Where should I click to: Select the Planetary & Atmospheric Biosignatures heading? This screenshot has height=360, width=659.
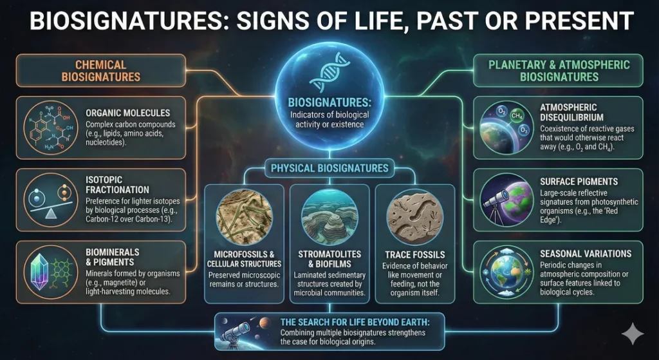(x=559, y=70)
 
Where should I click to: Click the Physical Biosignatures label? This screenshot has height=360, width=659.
(x=329, y=168)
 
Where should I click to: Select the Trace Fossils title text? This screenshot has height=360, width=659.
(x=415, y=254)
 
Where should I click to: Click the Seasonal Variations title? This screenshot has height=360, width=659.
(x=586, y=254)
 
